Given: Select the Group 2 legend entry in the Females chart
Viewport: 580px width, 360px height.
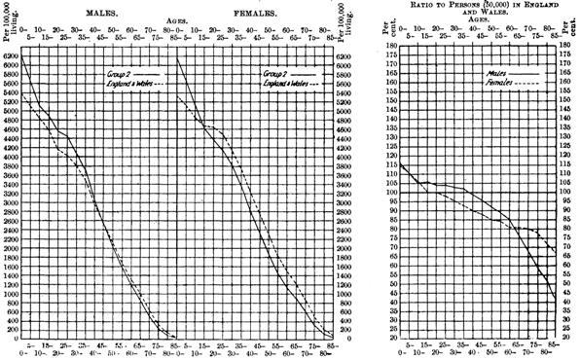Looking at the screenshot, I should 268,72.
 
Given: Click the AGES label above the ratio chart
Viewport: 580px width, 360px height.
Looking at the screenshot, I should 474,25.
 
